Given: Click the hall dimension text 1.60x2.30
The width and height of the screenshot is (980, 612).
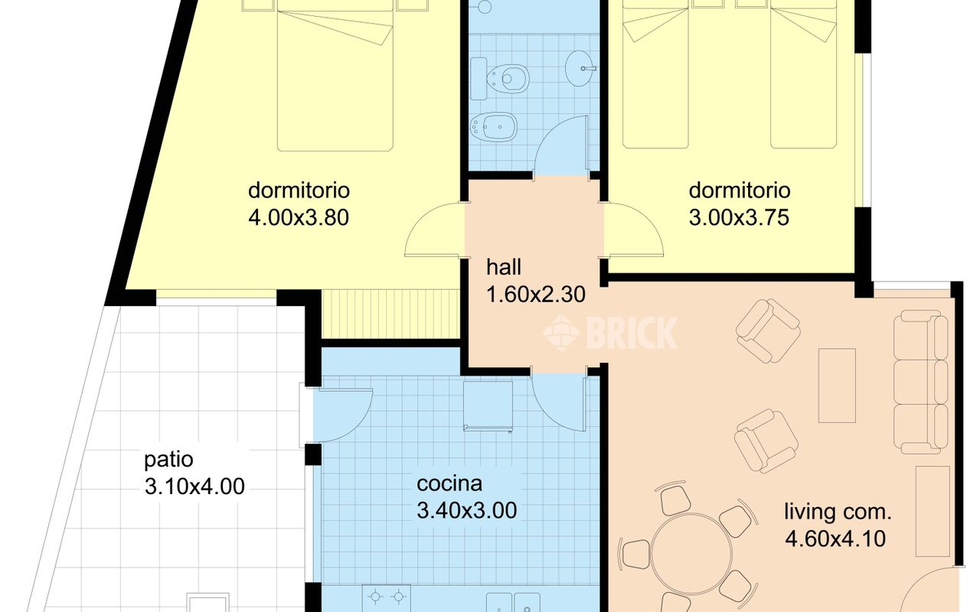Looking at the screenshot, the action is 535,295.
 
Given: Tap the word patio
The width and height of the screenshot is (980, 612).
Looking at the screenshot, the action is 168,461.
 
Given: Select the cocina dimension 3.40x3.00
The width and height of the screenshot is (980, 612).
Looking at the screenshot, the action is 466,510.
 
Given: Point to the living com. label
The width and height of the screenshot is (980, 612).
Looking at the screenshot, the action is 838,512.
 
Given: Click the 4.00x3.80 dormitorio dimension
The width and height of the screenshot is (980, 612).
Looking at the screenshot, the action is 299,218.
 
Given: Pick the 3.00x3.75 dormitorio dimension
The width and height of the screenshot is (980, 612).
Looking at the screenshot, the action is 739,218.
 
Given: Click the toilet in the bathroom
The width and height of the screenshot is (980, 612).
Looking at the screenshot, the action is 500,79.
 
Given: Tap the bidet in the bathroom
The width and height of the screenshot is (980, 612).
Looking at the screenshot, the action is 493,127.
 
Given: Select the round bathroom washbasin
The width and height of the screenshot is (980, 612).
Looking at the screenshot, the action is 580,68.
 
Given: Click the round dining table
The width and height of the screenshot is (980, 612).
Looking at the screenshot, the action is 691,554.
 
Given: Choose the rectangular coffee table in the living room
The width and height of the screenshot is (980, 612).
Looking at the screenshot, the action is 837,386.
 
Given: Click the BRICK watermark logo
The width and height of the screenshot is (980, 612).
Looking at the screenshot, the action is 610,333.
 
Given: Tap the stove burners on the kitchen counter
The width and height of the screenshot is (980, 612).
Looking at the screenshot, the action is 387,597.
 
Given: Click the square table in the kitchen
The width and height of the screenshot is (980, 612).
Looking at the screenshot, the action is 488,406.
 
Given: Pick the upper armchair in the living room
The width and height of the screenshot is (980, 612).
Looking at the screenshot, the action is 768,331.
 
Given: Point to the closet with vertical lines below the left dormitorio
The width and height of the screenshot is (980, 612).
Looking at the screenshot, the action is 390,314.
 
